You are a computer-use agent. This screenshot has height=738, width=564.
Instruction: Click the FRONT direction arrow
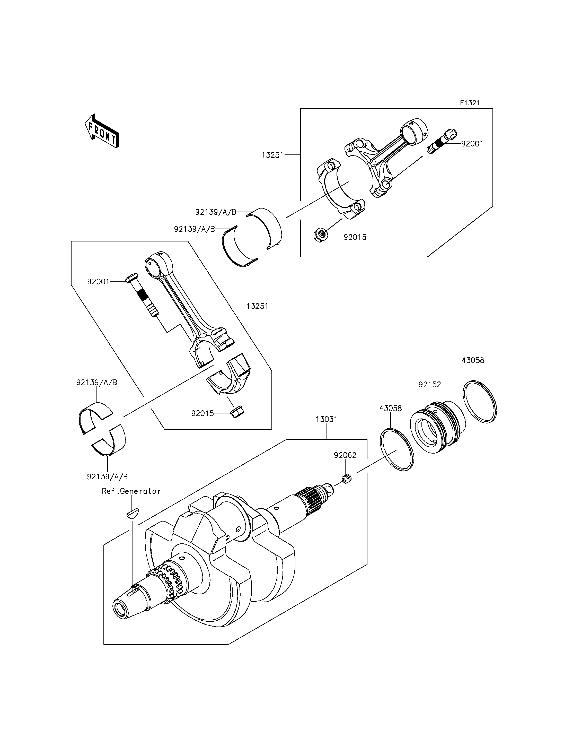[102, 131]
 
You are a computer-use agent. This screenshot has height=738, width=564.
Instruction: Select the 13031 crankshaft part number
[326, 419]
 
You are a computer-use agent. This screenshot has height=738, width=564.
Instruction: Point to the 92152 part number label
[430, 384]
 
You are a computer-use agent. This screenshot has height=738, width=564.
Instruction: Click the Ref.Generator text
[131, 491]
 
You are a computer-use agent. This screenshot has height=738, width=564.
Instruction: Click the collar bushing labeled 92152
[437, 427]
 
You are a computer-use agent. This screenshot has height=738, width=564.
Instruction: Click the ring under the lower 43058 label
[397, 450]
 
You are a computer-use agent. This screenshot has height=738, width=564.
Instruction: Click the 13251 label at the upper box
[273, 155]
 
